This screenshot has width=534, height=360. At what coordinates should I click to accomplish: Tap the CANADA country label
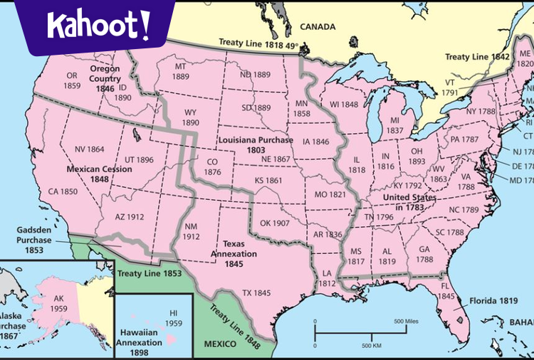(317, 27)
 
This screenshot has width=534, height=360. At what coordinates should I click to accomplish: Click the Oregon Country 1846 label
(104, 78)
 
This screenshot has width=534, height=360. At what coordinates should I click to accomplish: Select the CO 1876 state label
(212, 166)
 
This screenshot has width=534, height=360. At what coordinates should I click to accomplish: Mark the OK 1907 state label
(274, 223)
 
